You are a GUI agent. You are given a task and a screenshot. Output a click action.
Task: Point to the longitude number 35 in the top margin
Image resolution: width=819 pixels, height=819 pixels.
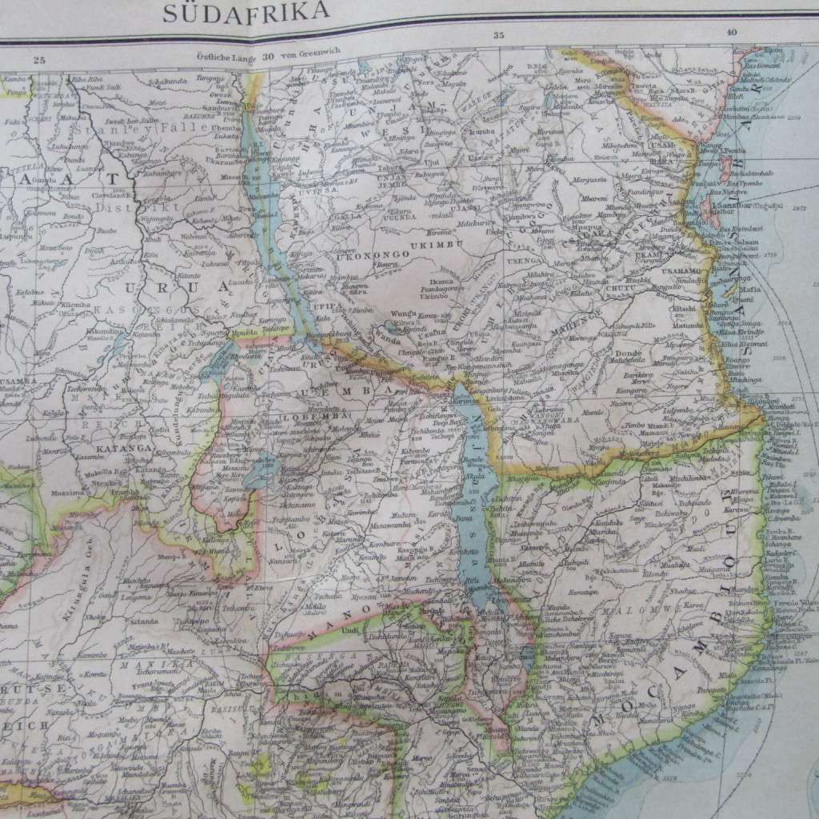(x=499, y=35)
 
